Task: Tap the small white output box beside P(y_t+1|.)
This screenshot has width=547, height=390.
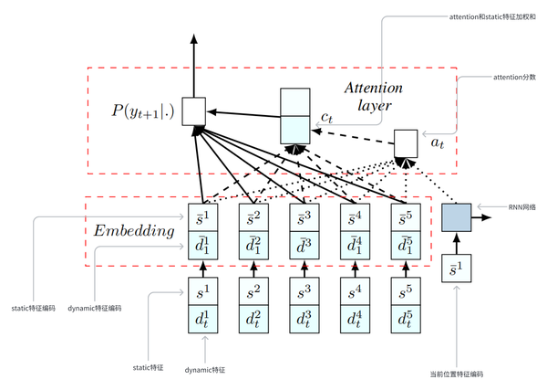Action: pyautogui.click(x=193, y=111)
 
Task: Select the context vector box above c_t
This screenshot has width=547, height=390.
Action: pyautogui.click(x=294, y=115)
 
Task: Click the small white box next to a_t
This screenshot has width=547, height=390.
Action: pyautogui.click(x=406, y=142)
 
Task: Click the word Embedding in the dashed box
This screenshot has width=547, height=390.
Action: pyautogui.click(x=134, y=231)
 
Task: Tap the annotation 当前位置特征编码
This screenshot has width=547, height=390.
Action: pyautogui.click(x=455, y=374)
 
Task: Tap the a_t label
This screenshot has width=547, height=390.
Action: pyautogui.click(x=438, y=144)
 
